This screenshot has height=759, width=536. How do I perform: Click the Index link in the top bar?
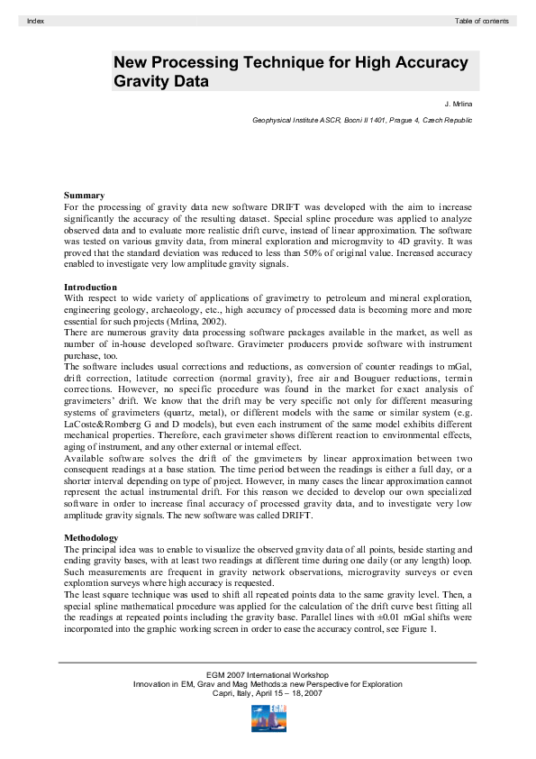(36, 20)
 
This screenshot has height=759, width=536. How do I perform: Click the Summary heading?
(84, 195)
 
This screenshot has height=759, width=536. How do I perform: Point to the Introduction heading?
(90, 287)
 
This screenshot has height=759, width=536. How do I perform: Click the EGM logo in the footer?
(268, 718)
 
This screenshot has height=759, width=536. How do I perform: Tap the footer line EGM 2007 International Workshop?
(267, 674)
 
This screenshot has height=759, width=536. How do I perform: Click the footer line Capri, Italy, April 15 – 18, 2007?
(267, 693)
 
